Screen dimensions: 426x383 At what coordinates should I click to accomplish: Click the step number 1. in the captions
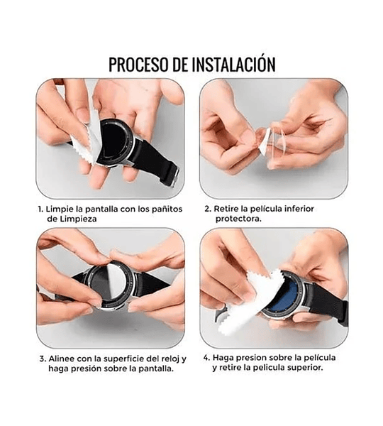[x=40, y=209]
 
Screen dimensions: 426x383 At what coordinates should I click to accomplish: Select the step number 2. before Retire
[x=209, y=209]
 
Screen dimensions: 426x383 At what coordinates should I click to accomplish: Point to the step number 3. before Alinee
[x=40, y=359]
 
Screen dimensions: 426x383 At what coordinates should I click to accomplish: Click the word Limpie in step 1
[x=62, y=209]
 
